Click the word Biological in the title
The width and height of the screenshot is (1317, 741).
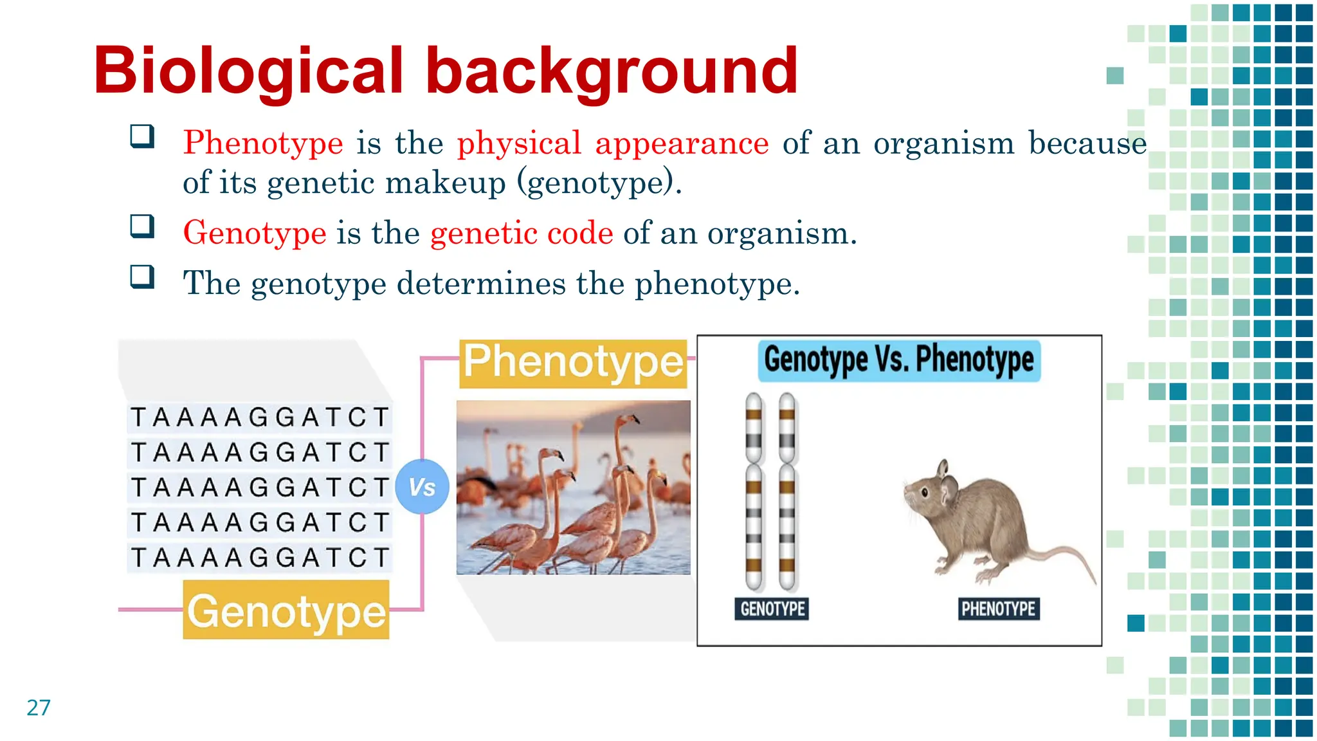[x=248, y=71]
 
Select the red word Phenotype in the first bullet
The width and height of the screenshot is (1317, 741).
[x=262, y=143]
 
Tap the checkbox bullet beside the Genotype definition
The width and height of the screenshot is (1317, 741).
[x=142, y=226]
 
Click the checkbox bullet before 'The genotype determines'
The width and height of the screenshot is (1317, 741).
[x=142, y=277]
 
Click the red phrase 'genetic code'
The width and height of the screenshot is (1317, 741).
[x=522, y=233]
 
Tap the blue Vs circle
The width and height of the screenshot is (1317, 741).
[x=422, y=487]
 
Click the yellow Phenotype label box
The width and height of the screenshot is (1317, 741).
[x=573, y=363]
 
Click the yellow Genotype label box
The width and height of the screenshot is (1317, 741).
[x=286, y=610]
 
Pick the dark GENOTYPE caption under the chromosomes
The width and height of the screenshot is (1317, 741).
[x=772, y=608]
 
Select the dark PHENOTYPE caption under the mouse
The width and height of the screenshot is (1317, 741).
[x=998, y=608]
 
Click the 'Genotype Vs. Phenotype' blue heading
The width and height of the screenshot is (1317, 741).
[x=898, y=360]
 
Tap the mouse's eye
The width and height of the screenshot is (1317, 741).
[x=925, y=493]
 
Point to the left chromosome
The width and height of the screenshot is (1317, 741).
[x=754, y=492]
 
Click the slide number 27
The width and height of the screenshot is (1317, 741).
[x=39, y=708]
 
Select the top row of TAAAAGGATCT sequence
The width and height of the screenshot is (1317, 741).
[x=260, y=417]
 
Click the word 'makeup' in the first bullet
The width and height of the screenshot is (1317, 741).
[x=446, y=183]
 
